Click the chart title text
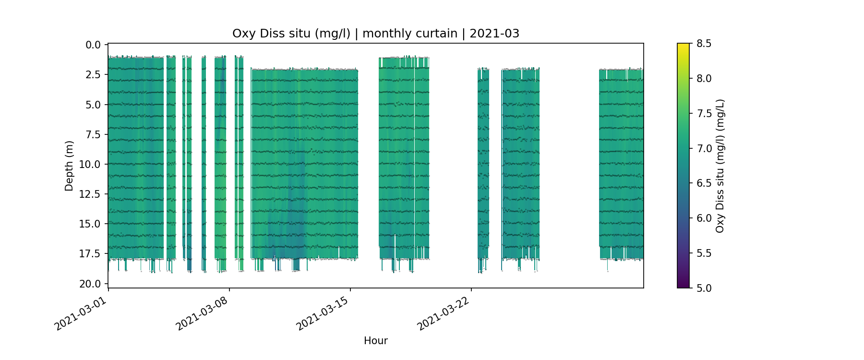(376, 34)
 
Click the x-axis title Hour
(376, 341)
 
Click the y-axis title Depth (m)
(70, 166)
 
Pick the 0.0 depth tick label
(93, 45)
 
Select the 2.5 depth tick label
(93, 75)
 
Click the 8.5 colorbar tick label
(704, 44)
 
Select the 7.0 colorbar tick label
(704, 148)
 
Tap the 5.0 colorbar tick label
(704, 288)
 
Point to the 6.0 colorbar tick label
(704, 218)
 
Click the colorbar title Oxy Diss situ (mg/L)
(720, 166)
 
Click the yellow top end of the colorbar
(683, 46)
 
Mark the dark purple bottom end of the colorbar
(683, 286)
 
